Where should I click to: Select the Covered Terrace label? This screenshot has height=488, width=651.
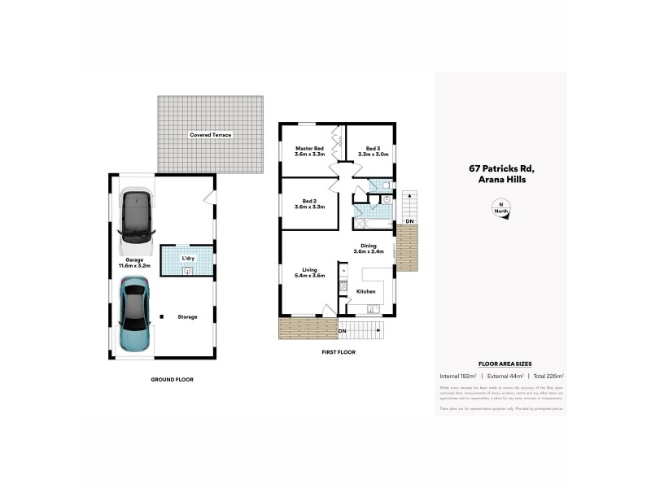point(210,134)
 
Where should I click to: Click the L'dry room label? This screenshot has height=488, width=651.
point(188,259)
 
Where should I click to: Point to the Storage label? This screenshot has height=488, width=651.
point(188,316)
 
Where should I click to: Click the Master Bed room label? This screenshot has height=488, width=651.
point(309,148)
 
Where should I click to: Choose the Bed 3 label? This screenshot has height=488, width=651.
point(373,148)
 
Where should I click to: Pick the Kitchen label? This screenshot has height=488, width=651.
point(365,290)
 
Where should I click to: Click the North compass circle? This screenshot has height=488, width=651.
point(500,208)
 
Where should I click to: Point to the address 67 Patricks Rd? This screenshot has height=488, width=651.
point(500,169)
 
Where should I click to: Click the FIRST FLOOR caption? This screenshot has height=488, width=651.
point(339,351)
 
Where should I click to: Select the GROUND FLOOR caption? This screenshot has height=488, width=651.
point(173,379)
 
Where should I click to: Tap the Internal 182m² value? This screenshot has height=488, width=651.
point(457,376)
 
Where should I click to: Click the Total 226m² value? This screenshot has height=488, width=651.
point(547,376)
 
